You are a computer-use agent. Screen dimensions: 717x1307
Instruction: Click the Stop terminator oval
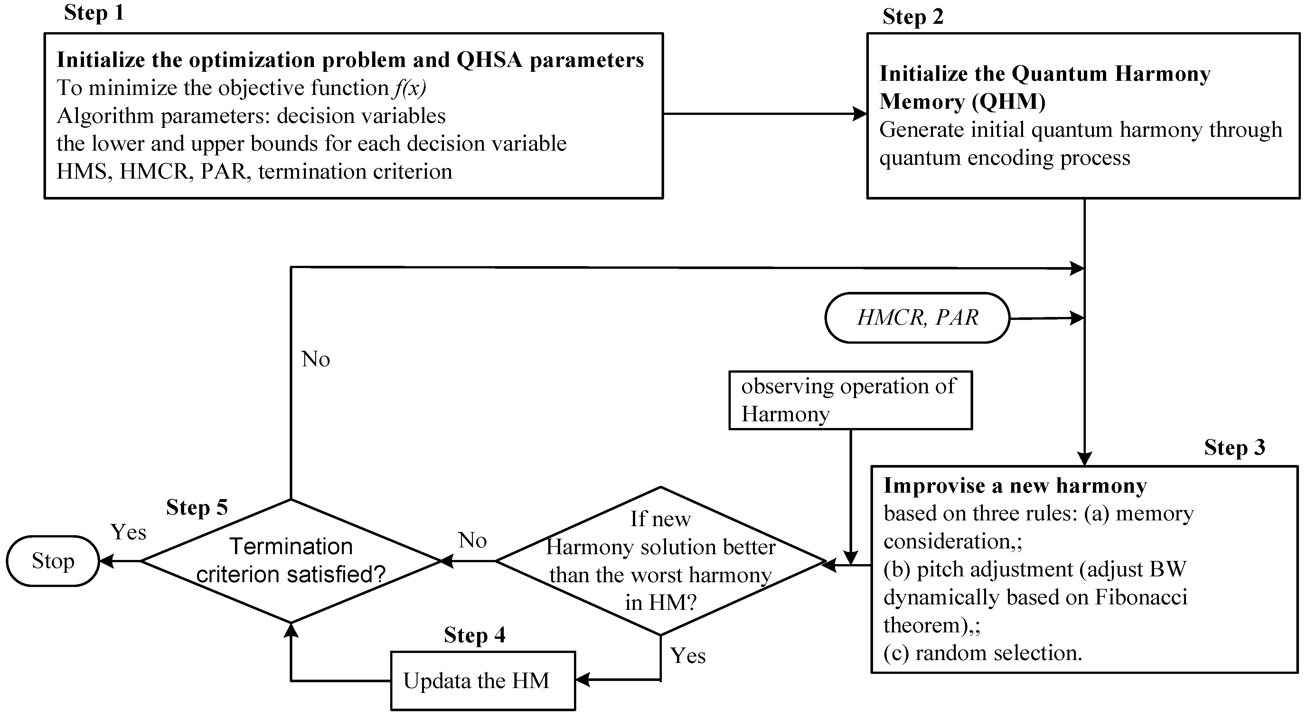point(53,561)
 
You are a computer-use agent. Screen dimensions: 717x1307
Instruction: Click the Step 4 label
point(475,635)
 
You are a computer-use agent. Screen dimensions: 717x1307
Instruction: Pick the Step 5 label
point(197,507)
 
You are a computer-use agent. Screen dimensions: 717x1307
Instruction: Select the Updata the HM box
point(483,681)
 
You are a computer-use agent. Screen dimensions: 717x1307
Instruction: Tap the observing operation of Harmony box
point(851,400)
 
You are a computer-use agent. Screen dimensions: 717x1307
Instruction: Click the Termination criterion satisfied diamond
point(291,561)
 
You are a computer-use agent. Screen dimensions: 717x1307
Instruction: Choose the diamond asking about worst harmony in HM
point(660,561)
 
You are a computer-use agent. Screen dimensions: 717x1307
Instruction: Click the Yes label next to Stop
point(128,532)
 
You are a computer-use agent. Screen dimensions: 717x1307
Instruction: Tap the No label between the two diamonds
point(472,541)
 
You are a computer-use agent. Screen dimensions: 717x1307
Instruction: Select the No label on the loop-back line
point(315,359)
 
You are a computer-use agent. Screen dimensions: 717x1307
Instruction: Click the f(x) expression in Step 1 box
point(409,88)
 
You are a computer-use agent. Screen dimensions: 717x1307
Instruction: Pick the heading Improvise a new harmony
point(1015,486)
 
